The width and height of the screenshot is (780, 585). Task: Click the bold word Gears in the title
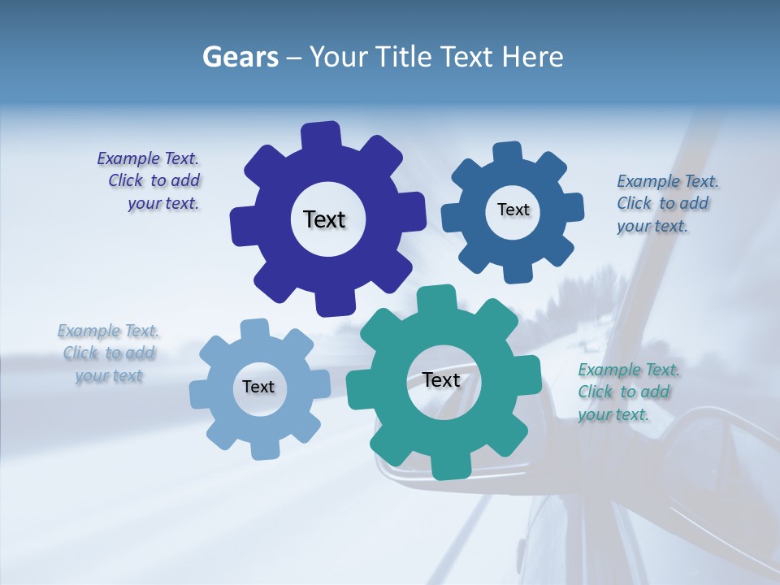click(x=240, y=57)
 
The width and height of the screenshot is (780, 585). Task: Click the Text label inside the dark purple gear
click(x=324, y=219)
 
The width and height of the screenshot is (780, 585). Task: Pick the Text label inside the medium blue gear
click(x=513, y=210)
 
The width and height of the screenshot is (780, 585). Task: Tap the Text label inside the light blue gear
click(x=258, y=387)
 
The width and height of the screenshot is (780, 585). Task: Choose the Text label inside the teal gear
click(x=441, y=380)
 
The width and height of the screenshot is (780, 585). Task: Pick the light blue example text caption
click(x=109, y=353)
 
